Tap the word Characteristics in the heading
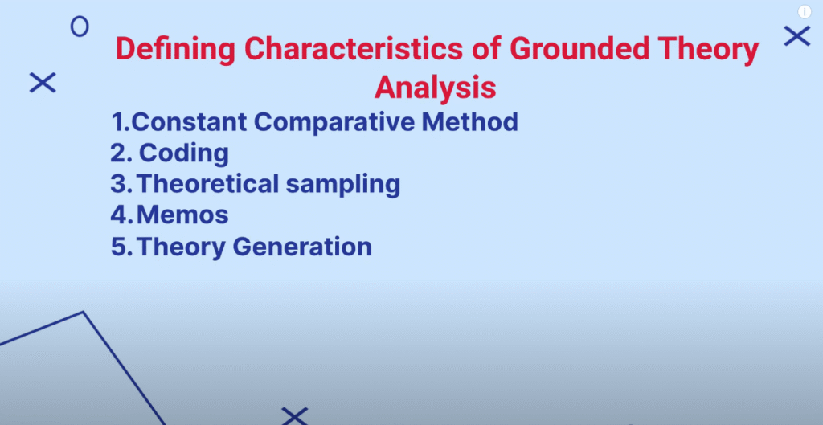[x=354, y=49]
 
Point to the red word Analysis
[x=435, y=87]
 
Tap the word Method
[x=469, y=122]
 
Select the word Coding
[x=184, y=153]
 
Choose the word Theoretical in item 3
[x=207, y=184]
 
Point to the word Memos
[x=182, y=215]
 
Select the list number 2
[x=118, y=153]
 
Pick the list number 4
[x=119, y=215]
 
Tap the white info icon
[x=805, y=12]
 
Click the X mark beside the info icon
[x=797, y=36]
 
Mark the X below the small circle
[x=43, y=83]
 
